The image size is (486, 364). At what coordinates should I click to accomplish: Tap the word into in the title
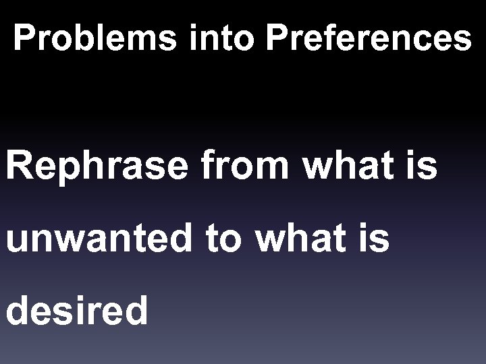[x=223, y=38]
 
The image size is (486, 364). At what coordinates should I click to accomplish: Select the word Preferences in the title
[x=369, y=38]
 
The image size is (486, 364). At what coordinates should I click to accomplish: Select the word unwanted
[x=100, y=240]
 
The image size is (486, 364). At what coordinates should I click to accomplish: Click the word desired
[x=77, y=311]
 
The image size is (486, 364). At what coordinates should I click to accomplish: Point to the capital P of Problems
[x=25, y=38]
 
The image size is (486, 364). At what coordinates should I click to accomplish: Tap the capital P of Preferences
[x=277, y=38]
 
